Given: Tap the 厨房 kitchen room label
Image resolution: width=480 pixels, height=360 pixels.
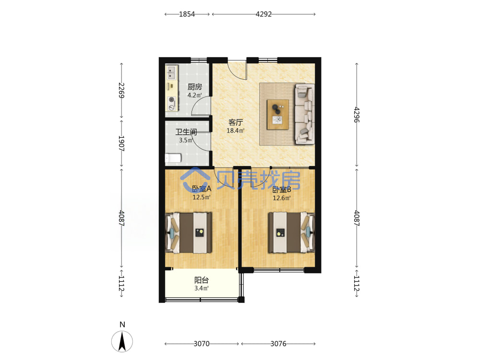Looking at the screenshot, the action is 195,87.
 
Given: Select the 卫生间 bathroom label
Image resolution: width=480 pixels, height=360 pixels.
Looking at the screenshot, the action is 186,132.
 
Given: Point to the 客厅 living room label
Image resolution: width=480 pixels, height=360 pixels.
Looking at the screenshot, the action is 235,122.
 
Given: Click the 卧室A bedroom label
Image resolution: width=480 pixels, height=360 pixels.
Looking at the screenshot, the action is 202,189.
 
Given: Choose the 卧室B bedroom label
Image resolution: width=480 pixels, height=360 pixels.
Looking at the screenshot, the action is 282,190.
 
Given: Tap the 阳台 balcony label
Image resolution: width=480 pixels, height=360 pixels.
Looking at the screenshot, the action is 202,280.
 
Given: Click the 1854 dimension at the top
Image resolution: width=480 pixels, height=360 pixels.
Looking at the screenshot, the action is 187,14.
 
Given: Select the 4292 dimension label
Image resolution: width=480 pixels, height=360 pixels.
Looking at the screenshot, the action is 264,14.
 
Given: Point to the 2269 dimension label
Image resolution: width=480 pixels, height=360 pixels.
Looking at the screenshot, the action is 121,90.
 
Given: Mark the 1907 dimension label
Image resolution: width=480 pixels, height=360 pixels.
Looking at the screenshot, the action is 121,143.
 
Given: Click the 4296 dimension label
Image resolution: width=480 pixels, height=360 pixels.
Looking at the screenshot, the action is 357,115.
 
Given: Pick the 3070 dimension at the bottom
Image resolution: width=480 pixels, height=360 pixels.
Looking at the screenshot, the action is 202,344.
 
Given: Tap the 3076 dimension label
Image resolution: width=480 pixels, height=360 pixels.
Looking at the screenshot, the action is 278,344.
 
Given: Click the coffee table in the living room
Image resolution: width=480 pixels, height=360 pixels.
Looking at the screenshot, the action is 277,115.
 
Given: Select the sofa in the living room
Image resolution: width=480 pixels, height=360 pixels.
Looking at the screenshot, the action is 305,114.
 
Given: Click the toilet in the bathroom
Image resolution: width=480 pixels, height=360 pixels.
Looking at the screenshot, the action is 173,158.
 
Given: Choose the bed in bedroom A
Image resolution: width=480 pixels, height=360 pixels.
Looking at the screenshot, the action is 189,233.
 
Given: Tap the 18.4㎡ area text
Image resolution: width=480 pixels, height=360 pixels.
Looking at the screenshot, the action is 235,131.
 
